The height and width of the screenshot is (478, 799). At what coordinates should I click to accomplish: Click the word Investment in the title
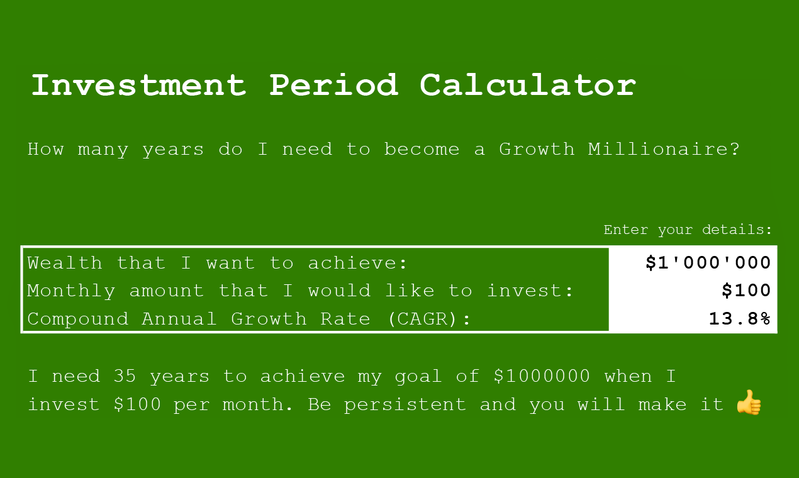pos(138,85)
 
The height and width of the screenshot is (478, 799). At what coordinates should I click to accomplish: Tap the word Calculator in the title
pos(528,85)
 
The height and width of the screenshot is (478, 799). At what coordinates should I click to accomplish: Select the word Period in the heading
pos(333,85)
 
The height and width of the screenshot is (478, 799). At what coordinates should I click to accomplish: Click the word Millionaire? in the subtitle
pos(664,150)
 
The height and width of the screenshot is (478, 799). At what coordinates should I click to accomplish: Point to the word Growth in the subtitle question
pos(537,150)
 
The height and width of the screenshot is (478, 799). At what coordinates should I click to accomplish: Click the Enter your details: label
pos(688,230)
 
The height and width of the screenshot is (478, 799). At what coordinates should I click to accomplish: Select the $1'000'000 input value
pos(708,263)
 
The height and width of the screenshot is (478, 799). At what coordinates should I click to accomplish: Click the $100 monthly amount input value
pos(746,291)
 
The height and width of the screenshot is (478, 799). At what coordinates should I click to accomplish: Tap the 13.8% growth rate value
pos(740,319)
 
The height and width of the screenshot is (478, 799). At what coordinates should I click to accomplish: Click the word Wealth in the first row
pos(64,263)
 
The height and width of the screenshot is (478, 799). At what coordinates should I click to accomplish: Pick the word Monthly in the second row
pos(71,291)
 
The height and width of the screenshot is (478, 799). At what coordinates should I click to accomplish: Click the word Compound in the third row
pos(77,319)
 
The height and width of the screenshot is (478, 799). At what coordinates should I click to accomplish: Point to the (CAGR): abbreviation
pos(429,319)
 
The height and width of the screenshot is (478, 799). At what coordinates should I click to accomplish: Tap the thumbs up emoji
pos(749,403)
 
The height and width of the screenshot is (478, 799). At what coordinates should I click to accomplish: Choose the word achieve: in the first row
pos(358,263)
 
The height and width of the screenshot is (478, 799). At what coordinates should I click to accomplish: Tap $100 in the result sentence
pos(137,404)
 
